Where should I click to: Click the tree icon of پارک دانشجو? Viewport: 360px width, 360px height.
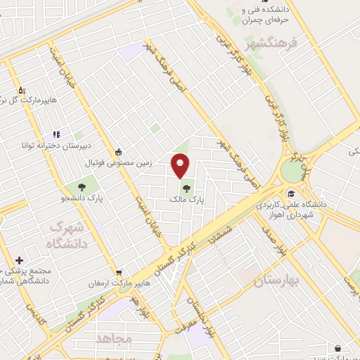pos(82,187)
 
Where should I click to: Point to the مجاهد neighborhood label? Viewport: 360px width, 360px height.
pos(117,338)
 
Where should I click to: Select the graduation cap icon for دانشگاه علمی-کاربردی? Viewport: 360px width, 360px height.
pos(290,193)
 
